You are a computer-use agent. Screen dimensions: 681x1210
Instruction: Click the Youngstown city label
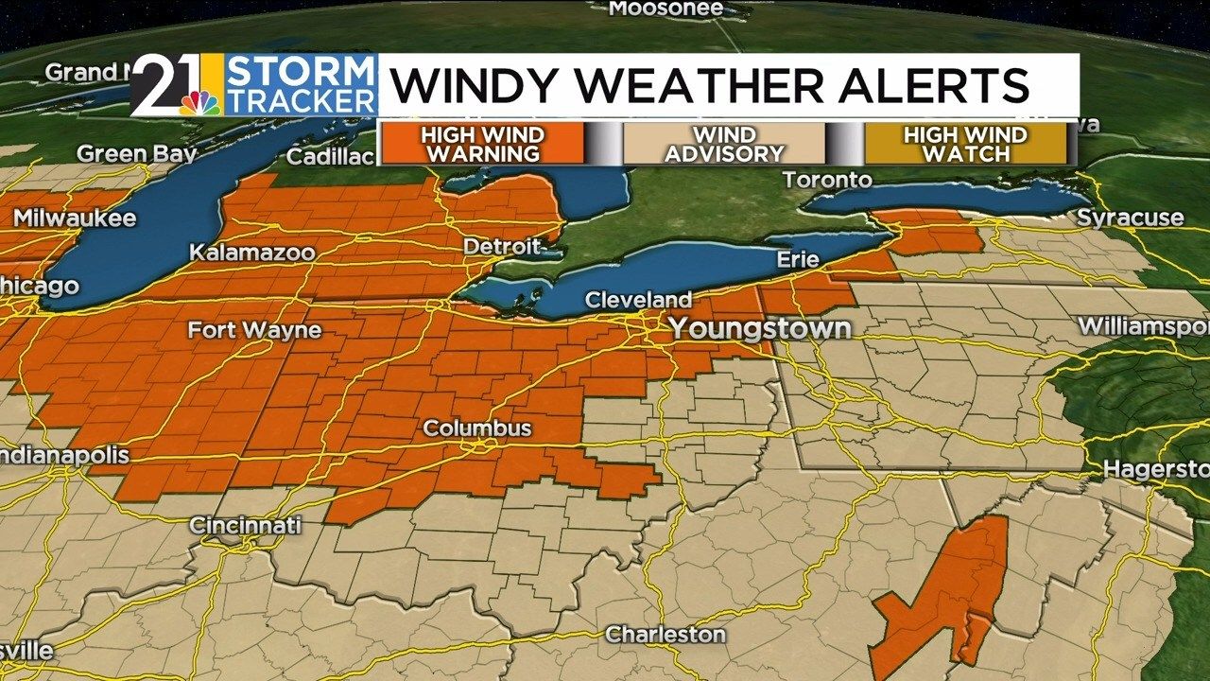tap(760, 329)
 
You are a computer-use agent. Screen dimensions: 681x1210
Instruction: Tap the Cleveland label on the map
tap(638, 300)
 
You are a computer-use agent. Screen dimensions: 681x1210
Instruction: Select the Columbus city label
tap(476, 428)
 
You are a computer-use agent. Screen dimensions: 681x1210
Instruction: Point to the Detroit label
tap(502, 247)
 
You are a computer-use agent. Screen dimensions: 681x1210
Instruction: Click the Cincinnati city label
tap(245, 525)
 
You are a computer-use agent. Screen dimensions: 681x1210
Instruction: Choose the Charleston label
tap(665, 634)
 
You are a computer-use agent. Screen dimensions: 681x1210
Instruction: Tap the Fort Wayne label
tap(254, 330)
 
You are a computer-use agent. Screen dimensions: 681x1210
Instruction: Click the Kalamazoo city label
tap(252, 253)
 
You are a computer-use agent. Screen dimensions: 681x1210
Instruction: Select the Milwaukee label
tap(75, 218)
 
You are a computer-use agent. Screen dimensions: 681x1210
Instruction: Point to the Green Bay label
tap(136, 153)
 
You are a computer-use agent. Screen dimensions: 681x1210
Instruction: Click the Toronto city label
tap(827, 180)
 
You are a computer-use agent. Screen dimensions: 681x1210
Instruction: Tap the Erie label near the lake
tap(797, 258)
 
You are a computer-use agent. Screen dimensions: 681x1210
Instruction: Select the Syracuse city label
tap(1131, 218)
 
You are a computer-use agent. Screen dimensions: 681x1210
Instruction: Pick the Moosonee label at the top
tap(665, 9)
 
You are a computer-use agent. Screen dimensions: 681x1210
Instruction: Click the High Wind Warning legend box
tap(481, 144)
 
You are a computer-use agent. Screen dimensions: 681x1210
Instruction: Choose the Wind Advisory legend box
tap(724, 144)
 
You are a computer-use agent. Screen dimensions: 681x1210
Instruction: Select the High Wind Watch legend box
tap(965, 144)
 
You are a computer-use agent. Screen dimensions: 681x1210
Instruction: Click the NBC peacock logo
tap(201, 102)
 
